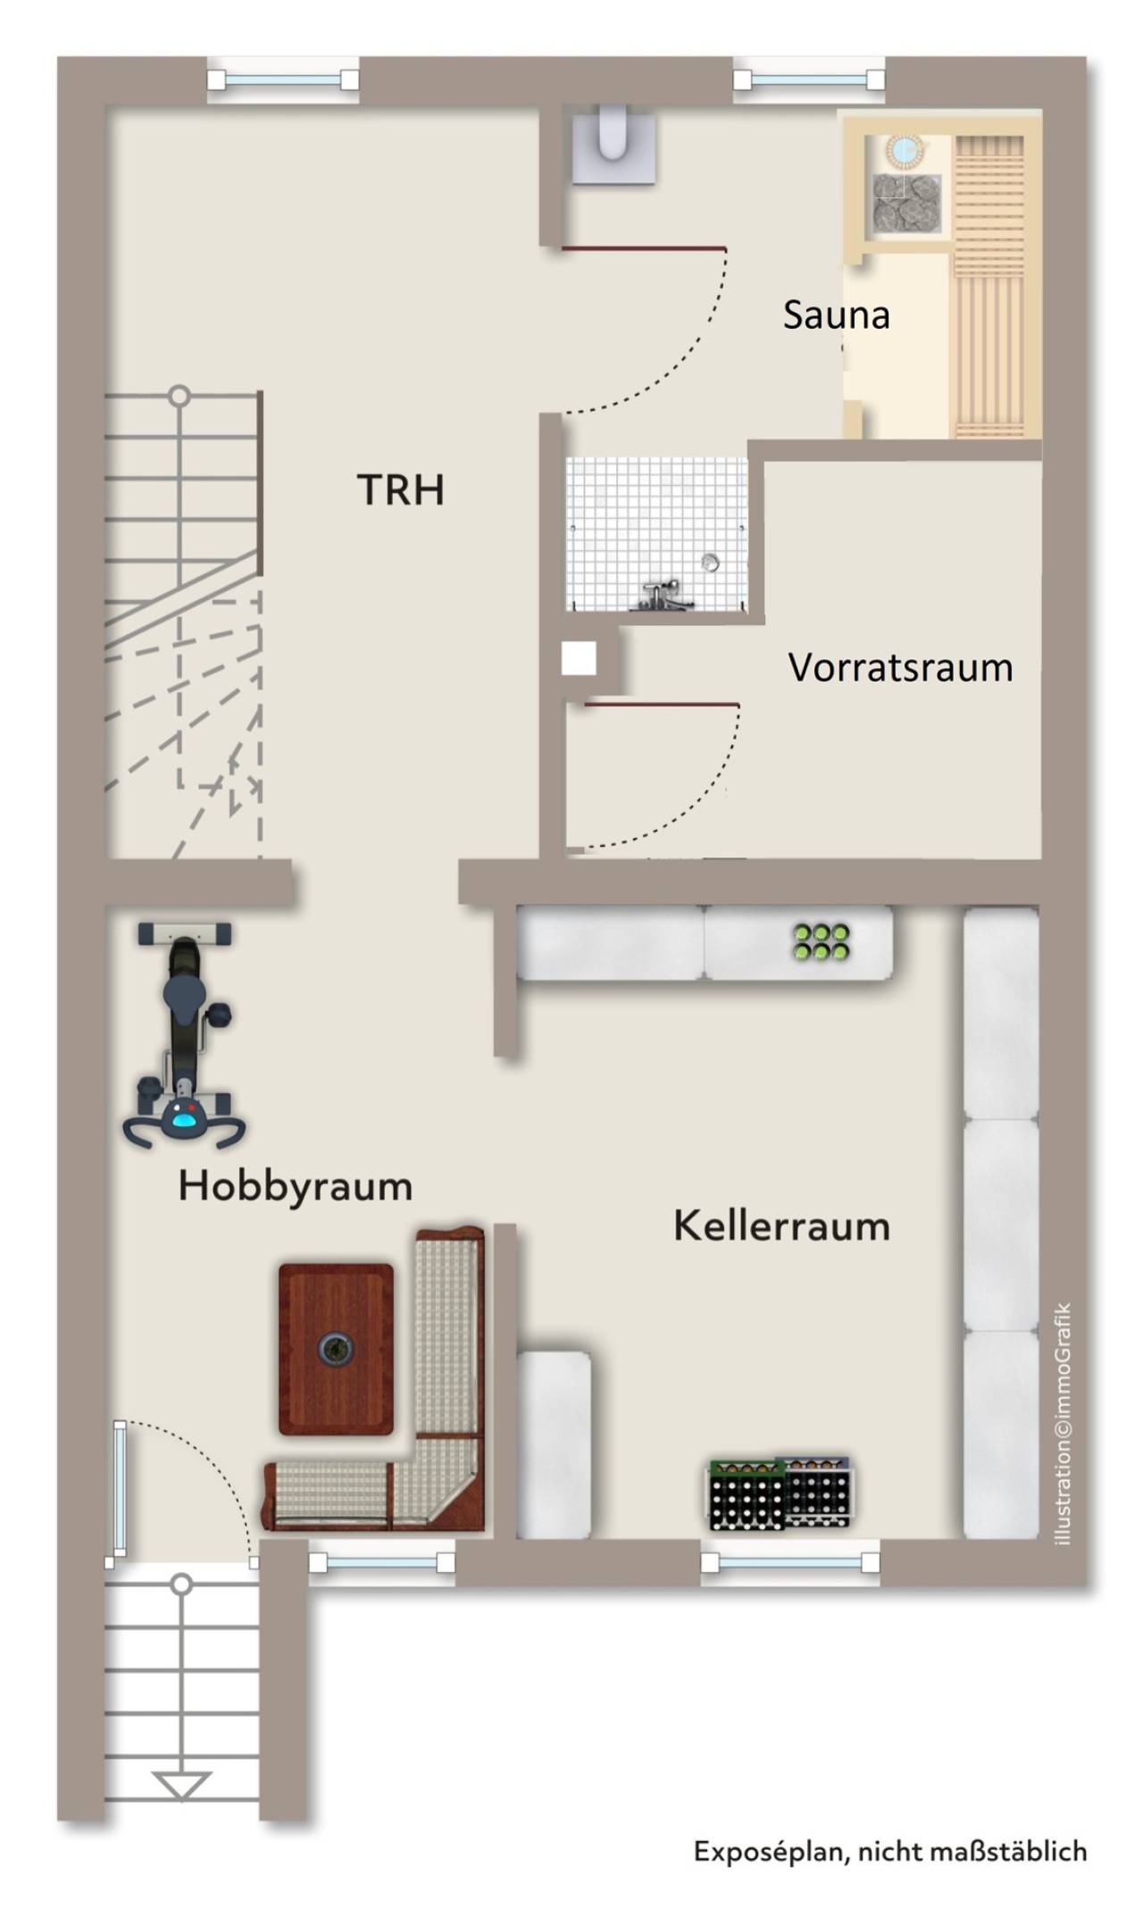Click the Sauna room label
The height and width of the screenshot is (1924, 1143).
pyautogui.click(x=836, y=315)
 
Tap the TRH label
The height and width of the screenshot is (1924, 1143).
pyautogui.click(x=400, y=489)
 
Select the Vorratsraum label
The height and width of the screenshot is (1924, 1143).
pyautogui.click(x=900, y=667)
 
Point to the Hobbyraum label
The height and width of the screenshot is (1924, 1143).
pyautogui.click(x=296, y=1186)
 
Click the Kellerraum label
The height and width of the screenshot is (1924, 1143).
pyautogui.click(x=781, y=1226)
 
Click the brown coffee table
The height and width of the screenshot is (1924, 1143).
pyautogui.click(x=336, y=1348)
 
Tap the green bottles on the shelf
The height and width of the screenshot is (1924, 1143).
pyautogui.click(x=822, y=941)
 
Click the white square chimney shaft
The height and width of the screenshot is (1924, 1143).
pyautogui.click(x=579, y=659)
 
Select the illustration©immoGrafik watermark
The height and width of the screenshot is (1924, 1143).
pyautogui.click(x=1063, y=1424)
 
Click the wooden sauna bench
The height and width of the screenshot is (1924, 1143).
pyautogui.click(x=989, y=286)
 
